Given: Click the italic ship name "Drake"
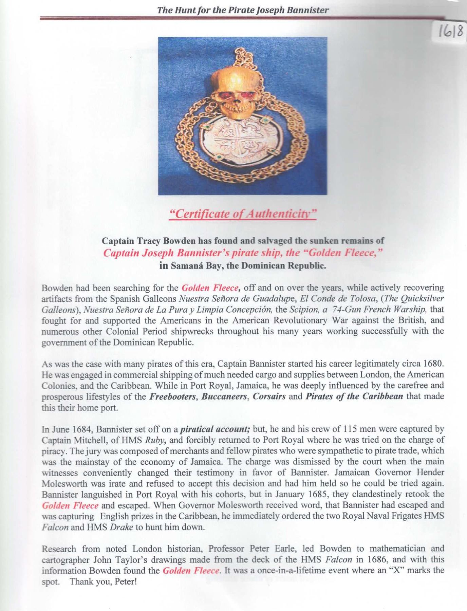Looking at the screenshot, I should click(121, 527).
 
